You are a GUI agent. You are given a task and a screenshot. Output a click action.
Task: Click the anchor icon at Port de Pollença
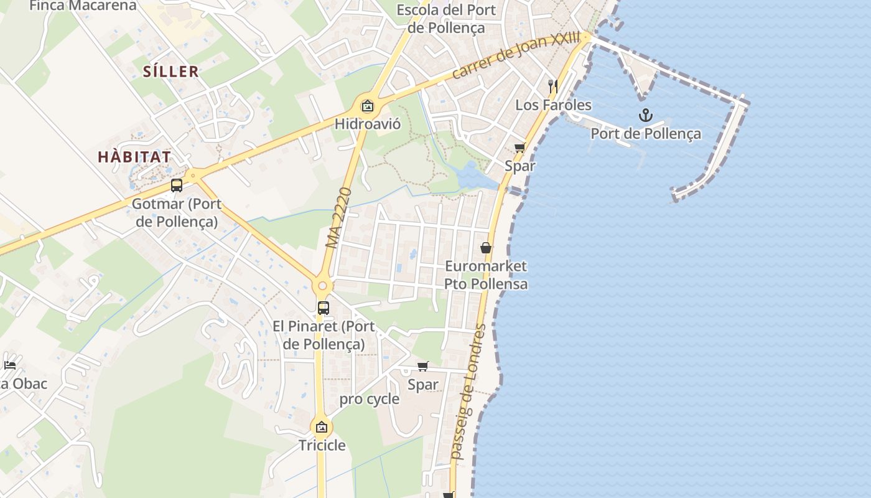click(646, 115)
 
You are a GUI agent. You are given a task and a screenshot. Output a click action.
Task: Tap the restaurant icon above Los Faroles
click(552, 85)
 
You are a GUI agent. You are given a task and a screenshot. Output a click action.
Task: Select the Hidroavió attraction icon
click(368, 105)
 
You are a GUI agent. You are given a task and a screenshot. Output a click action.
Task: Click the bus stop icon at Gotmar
click(177, 186)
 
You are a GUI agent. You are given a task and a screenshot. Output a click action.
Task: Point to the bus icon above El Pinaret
click(324, 308)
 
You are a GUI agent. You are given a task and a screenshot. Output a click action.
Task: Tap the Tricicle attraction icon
click(322, 427)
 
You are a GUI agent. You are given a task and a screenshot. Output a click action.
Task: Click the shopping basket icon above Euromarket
click(486, 248)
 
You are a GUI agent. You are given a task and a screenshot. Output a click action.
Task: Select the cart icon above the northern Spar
click(519, 148)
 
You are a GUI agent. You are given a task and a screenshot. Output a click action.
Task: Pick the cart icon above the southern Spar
click(423, 366)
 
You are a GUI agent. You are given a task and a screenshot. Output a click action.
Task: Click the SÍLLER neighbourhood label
click(171, 72)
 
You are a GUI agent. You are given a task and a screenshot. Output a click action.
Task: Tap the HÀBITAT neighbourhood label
click(134, 157)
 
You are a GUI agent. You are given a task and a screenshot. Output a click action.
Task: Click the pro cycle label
click(370, 400)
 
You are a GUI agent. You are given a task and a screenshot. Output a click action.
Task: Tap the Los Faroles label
click(553, 105)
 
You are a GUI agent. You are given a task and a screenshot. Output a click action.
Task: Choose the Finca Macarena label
click(83, 6)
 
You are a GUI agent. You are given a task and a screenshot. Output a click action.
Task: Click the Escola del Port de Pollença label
click(446, 19)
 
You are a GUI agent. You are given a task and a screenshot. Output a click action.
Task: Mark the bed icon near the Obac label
click(9, 365)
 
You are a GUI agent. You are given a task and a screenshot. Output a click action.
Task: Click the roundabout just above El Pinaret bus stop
click(322, 286)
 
